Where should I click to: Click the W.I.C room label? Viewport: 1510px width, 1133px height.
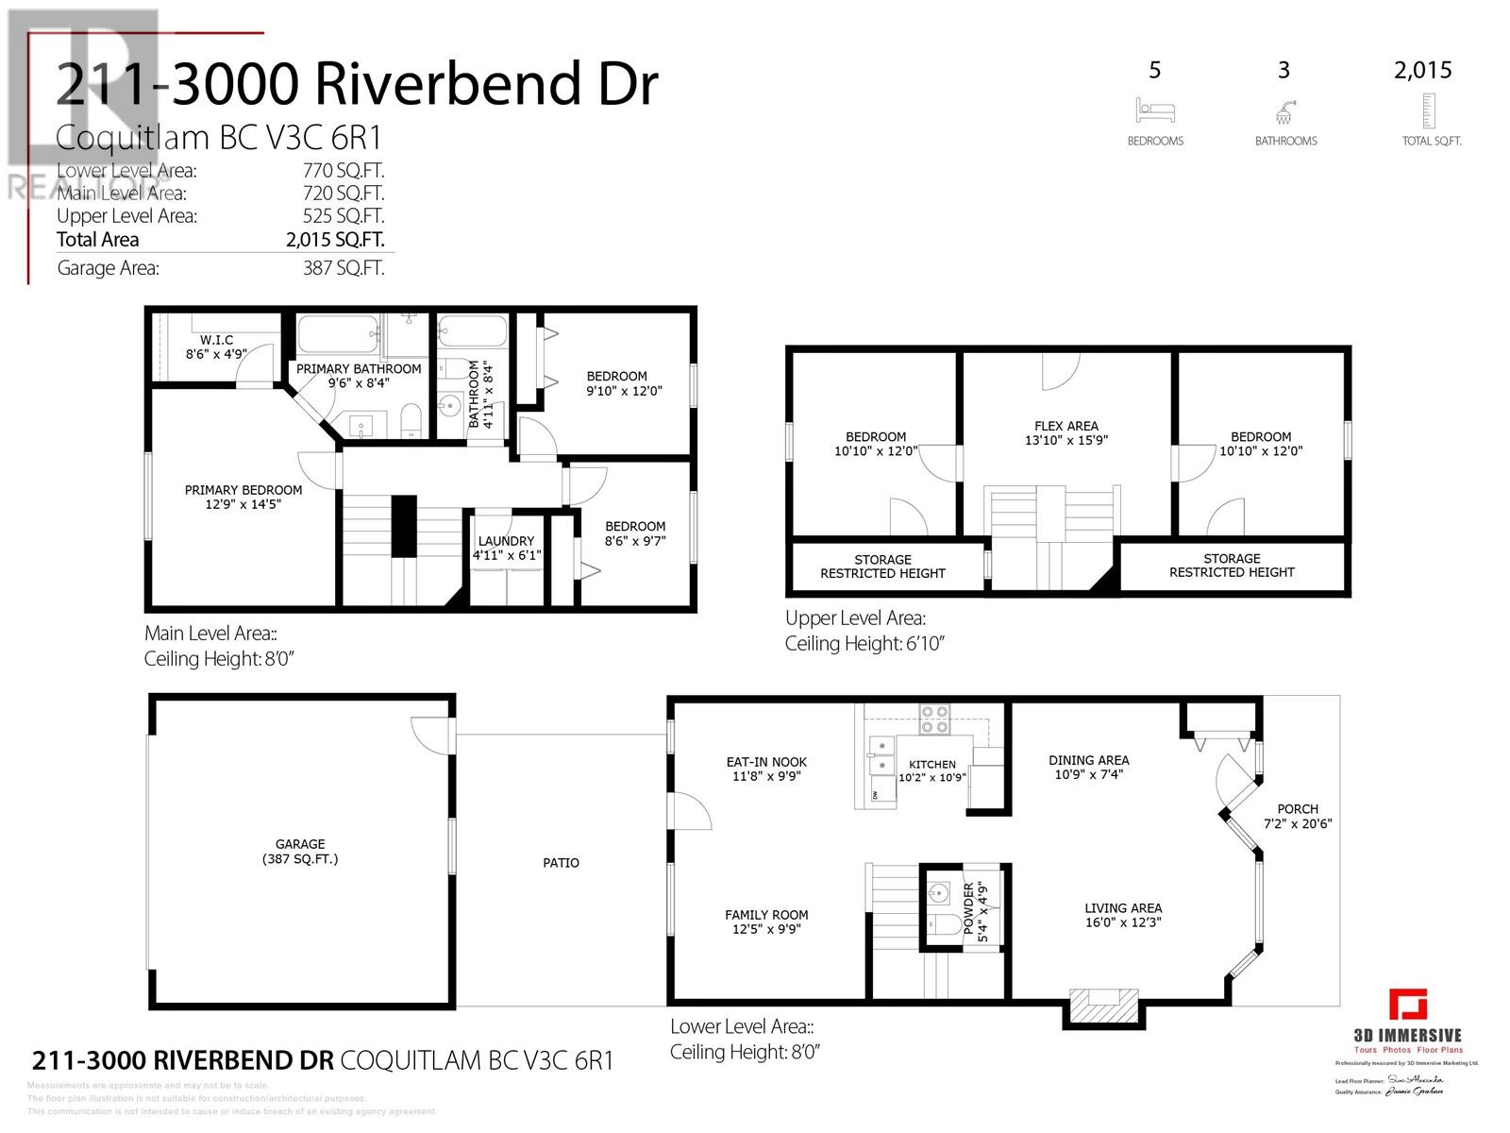(216, 347)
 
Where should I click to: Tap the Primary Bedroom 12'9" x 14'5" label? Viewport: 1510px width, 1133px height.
(243, 497)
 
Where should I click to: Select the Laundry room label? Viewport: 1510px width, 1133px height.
(507, 548)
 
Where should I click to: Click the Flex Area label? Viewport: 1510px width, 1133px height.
(1065, 432)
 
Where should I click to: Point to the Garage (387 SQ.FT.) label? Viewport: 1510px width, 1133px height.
(300, 851)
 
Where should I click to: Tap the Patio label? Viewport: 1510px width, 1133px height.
(561, 862)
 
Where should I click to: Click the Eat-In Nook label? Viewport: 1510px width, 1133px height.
(766, 769)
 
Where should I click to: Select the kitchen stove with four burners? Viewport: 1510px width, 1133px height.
(934, 719)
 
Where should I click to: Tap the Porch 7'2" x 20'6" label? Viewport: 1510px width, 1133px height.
(1297, 816)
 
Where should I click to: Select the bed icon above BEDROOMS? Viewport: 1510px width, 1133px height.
(1155, 110)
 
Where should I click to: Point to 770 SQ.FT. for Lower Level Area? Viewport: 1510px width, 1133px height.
(343, 171)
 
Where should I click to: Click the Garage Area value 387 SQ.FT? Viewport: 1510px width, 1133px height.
(343, 268)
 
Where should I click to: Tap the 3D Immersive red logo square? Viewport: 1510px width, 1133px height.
(1407, 1004)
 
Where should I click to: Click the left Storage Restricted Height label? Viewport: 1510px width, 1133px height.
(882, 566)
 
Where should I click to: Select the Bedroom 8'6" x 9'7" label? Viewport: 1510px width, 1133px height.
(635, 533)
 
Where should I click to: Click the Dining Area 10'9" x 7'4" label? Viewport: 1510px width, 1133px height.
(1088, 767)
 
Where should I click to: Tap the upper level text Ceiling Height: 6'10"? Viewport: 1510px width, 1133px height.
(864, 644)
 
